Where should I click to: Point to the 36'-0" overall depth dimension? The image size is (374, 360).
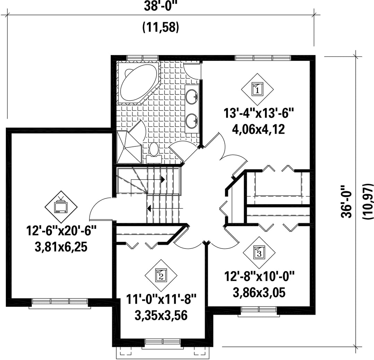tap(346, 201)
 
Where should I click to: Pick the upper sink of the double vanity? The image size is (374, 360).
tap(192, 97)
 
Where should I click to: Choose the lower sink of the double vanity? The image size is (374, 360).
tap(192, 121)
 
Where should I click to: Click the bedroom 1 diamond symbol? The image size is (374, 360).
tap(257, 89)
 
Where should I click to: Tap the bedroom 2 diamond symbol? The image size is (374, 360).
tap(161, 275)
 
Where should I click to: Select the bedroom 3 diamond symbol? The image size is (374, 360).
tap(259, 253)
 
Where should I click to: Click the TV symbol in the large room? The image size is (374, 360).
tap(61, 206)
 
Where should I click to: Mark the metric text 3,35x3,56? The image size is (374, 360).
tap(161, 316)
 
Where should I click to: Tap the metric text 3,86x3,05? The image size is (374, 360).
tap(259, 292)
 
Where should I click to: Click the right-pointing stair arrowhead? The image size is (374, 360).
tap(163, 179)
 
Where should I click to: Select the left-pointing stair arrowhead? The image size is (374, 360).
tap(149, 208)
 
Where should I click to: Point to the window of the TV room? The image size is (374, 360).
tap(60, 303)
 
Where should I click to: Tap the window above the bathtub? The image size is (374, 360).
tap(142, 58)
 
